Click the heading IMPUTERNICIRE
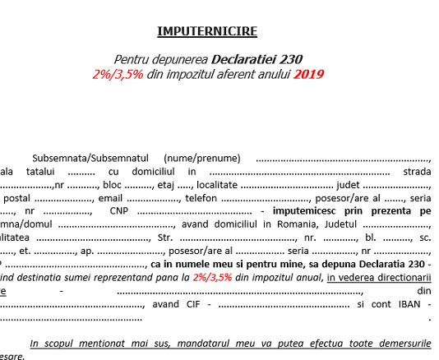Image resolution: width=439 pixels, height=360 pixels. pos(207,32)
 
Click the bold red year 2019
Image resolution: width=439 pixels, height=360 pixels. pos(308,73)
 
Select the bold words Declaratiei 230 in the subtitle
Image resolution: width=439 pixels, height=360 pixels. pos(257,59)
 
